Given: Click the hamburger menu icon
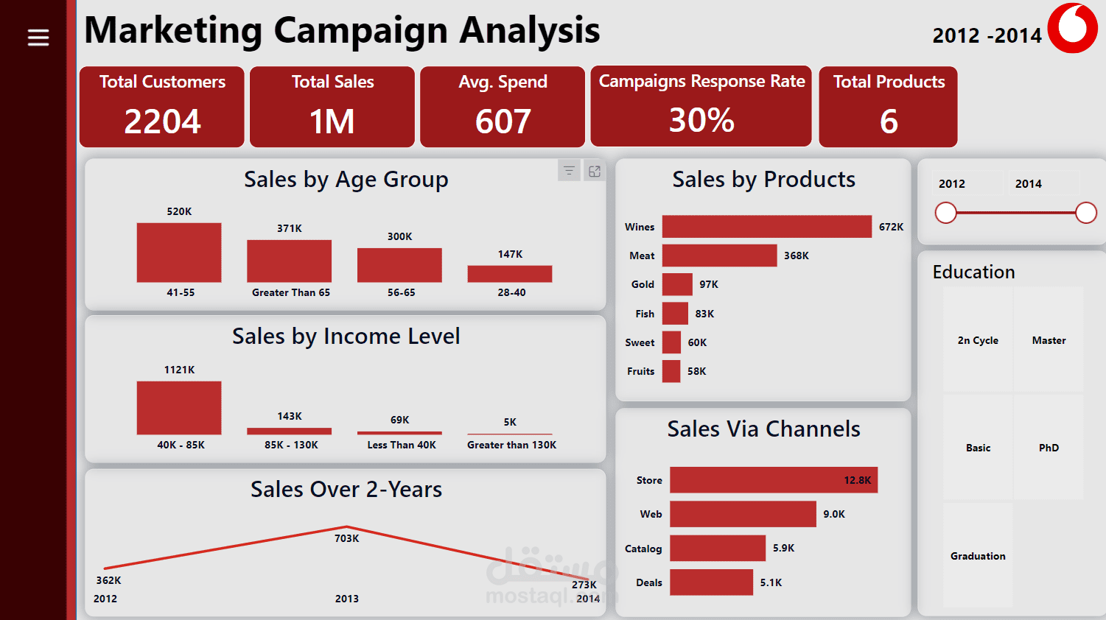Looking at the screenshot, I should coord(38,38).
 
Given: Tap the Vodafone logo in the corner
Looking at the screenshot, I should coord(1073,29).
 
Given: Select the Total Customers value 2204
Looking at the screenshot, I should coord(162,121).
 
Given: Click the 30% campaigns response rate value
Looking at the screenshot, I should coord(701,120).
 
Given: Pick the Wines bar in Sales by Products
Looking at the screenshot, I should coord(766,227).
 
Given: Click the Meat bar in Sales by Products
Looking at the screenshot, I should coord(719,256).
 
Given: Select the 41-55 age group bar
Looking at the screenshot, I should coord(179,253).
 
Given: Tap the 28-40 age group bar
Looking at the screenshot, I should coord(510,274).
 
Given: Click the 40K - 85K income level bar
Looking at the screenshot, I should coord(179,408).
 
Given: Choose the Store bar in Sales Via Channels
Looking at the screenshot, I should coord(774,480).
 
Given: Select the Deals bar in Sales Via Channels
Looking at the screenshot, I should coord(711,582).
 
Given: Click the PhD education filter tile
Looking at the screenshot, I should coord(1049,448).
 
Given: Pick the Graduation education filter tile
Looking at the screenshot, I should coord(978,556).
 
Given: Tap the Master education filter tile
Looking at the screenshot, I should coord(1049,340).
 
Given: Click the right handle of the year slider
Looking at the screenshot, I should coord(1086,213).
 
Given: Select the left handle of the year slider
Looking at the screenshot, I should coord(946,213).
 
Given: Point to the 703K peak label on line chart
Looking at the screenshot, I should coord(346,538).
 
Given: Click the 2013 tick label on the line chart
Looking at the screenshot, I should coord(346,599).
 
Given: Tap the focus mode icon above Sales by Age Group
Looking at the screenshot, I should coord(595,171).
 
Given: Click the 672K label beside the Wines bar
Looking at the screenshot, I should coord(891,227).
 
